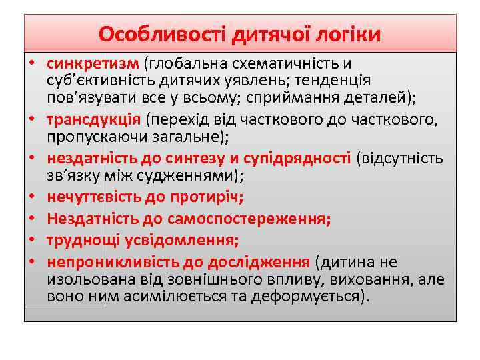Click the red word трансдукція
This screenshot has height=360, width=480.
coord(93,120)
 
